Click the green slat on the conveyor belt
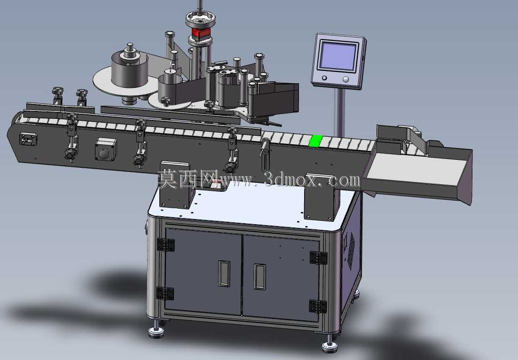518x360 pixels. (315, 141)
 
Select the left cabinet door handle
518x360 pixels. (224, 273)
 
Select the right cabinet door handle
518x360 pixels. (259, 276)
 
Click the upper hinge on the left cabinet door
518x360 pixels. (165, 245)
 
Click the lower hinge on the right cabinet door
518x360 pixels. (318, 306)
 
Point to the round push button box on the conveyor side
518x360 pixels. (105, 149)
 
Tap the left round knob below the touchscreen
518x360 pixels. (324, 78)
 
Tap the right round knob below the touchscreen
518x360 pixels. (345, 79)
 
